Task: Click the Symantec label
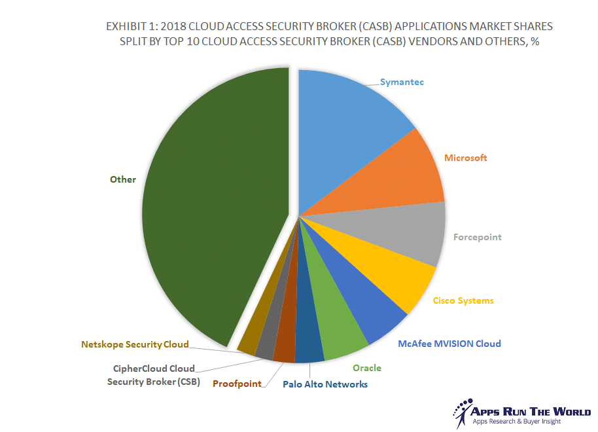(x=402, y=82)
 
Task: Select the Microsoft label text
(x=465, y=158)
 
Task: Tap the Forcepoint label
(x=477, y=237)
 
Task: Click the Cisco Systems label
(x=463, y=300)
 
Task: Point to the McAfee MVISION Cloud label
(x=449, y=344)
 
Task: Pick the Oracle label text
(x=366, y=368)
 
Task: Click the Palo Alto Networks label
(x=325, y=384)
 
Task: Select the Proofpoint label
(x=237, y=384)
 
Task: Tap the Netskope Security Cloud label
(x=135, y=344)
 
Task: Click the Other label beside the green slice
(x=123, y=179)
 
